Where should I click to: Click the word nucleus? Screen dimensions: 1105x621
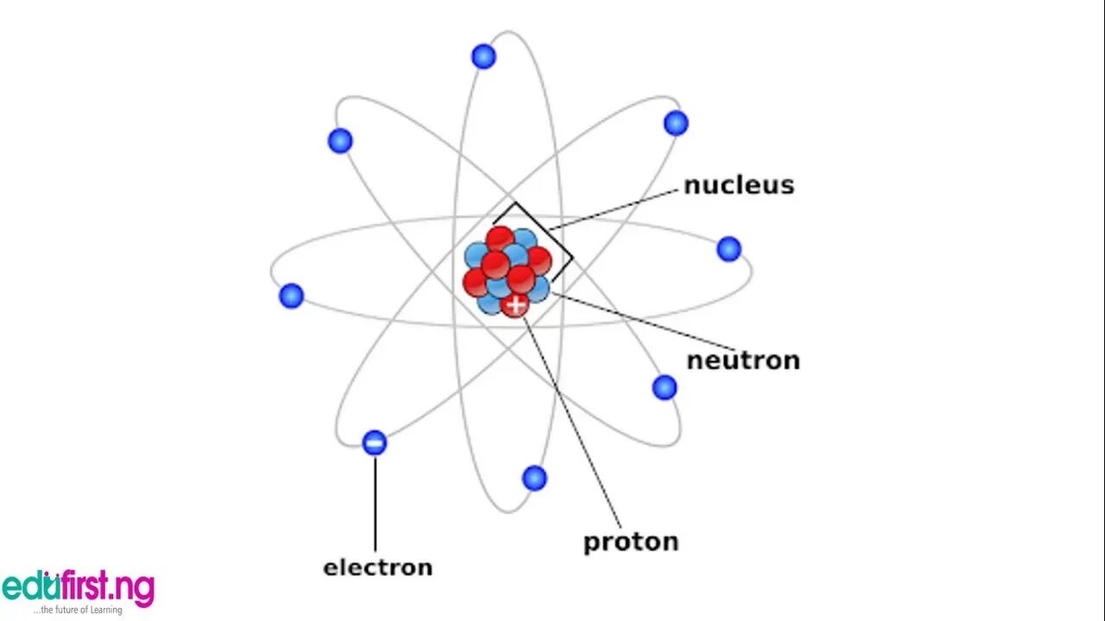coord(738,185)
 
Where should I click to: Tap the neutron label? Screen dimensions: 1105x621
coord(742,360)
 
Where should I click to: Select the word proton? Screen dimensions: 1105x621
coord(630,542)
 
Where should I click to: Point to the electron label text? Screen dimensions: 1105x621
coord(377,568)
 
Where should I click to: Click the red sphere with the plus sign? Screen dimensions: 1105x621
coord(515,304)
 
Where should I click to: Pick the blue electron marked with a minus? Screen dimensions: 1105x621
coord(375,443)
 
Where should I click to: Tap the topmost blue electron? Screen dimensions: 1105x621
coord(483,57)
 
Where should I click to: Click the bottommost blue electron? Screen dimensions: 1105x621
coord(534,478)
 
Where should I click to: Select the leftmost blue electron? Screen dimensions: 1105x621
coord(292,296)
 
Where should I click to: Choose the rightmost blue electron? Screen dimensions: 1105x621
coord(729,249)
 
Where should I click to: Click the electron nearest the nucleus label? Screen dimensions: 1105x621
coord(676,123)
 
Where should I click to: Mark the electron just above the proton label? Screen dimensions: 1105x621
coord(664,387)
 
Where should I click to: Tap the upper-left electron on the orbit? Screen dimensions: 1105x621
coord(340,141)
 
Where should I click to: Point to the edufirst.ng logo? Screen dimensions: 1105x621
coord(78,587)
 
